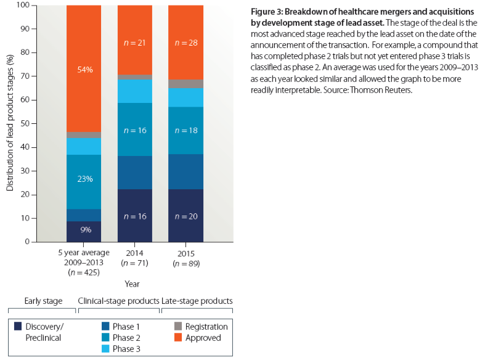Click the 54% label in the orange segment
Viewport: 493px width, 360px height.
[x=84, y=70]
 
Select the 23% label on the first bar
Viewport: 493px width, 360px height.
[x=84, y=179]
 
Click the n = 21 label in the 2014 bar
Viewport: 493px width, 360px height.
[x=135, y=43]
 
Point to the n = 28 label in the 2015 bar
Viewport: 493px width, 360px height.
[x=186, y=43]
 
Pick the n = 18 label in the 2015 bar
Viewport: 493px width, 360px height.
[x=186, y=130]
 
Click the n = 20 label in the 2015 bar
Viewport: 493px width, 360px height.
[x=186, y=216]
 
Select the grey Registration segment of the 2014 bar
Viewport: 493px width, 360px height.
[x=135, y=77]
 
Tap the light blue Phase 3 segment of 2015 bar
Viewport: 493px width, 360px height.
[x=186, y=97]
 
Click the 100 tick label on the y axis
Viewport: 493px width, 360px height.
[x=22, y=5]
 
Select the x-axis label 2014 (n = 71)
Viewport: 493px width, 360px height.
[x=135, y=257]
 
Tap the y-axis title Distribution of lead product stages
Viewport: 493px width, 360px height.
[x=10, y=123]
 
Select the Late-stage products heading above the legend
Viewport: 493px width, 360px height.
[x=197, y=301]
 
